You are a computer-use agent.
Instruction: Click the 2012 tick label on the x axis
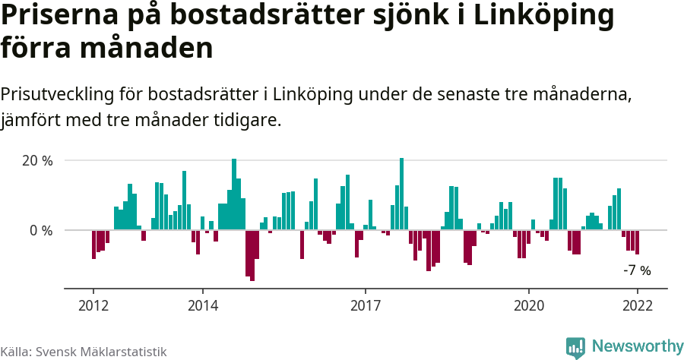(93, 305)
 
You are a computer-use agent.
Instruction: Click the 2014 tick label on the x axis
(202, 305)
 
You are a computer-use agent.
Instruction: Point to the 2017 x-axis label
(366, 305)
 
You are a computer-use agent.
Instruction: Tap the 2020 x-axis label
(529, 305)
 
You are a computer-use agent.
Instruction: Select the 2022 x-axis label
(637, 305)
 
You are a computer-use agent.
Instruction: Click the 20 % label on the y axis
(37, 161)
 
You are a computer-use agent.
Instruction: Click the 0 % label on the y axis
(41, 230)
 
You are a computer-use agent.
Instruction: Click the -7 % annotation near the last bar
(637, 270)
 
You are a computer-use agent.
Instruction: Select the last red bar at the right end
(637, 242)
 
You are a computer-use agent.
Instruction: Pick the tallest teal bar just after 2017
(401, 194)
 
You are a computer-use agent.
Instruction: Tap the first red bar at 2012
(93, 244)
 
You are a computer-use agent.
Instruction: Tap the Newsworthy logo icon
(575, 347)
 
